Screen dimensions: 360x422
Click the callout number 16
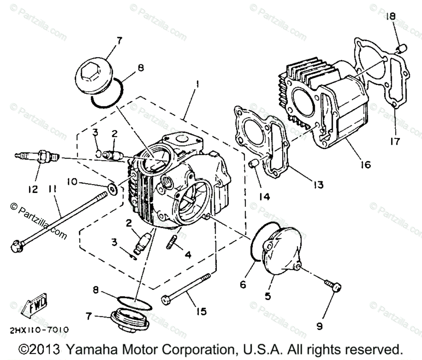point(366,164)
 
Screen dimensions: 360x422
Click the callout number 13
point(319,184)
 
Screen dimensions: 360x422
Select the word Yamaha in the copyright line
point(87,350)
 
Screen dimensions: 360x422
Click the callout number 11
point(52,190)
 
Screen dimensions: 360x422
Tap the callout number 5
point(268,296)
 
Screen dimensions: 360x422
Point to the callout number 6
point(243,284)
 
